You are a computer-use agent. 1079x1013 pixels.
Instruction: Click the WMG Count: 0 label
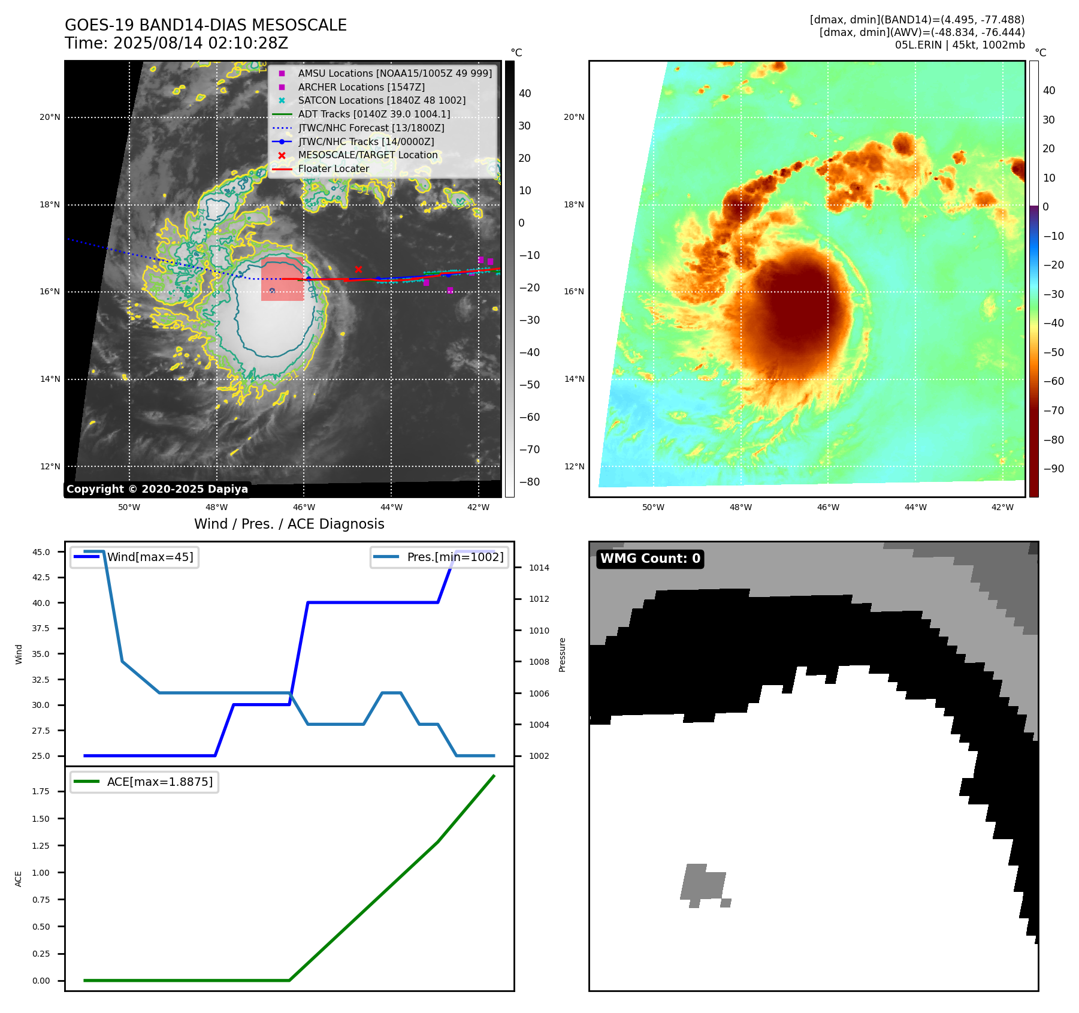coord(650,559)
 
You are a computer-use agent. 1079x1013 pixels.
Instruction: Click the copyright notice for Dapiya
coord(157,489)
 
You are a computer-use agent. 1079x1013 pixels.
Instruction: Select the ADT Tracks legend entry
coord(374,114)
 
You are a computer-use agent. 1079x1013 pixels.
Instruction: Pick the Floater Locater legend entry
coord(333,168)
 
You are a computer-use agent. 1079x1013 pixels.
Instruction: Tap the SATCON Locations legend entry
coord(382,100)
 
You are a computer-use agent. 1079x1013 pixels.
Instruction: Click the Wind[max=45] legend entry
coord(150,557)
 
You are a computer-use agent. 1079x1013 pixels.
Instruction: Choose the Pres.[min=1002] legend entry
coord(455,557)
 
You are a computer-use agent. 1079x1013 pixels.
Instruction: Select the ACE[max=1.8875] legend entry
coord(159,782)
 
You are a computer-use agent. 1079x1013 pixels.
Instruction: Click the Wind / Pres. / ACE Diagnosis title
coord(289,524)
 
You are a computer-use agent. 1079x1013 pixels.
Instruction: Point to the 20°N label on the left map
coord(50,117)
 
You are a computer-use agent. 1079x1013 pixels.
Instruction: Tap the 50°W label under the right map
coord(653,507)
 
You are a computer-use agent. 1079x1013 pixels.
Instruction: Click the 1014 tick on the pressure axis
coord(539,568)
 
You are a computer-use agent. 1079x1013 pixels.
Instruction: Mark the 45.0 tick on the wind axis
coord(41,552)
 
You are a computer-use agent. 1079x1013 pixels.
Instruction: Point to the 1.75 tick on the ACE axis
coord(41,791)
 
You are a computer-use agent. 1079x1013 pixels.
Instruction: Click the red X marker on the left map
coord(358,269)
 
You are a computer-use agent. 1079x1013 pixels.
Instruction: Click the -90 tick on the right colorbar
coord(1054,469)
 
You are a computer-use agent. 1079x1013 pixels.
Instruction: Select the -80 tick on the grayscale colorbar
coord(529,482)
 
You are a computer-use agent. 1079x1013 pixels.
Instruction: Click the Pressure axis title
coord(563,655)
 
